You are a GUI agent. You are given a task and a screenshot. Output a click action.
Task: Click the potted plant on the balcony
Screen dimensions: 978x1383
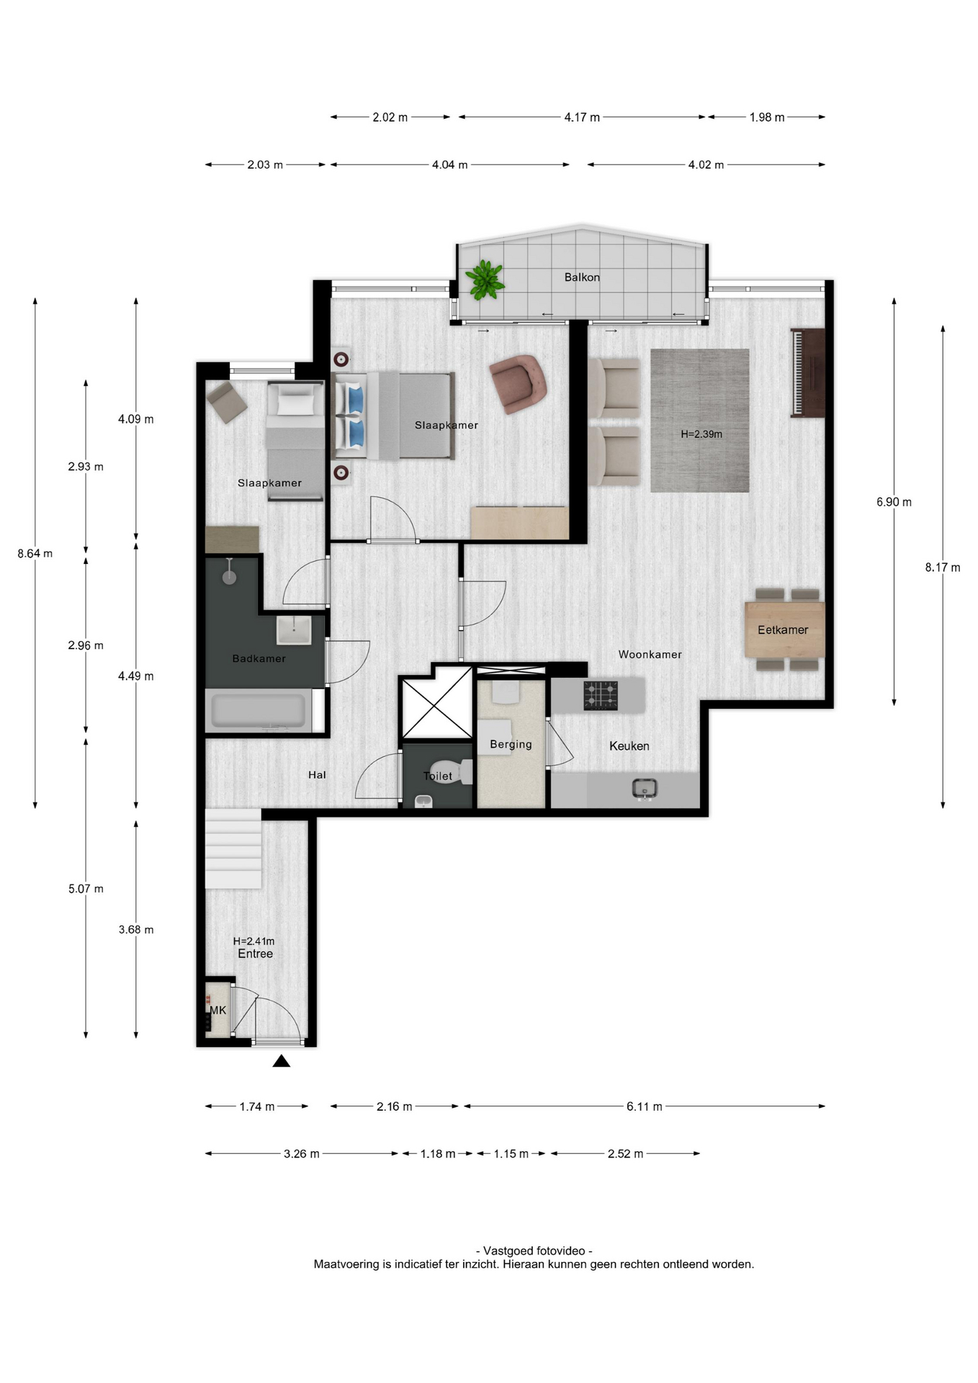click(485, 279)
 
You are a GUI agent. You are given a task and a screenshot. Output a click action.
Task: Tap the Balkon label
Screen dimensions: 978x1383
click(582, 277)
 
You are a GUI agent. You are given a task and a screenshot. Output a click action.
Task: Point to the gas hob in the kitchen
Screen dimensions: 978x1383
click(601, 696)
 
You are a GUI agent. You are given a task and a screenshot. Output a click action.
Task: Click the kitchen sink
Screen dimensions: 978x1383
click(645, 789)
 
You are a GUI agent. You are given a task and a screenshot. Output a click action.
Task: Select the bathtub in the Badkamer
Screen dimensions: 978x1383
click(259, 710)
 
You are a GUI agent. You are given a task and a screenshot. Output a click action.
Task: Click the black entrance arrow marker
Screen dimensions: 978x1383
click(282, 1061)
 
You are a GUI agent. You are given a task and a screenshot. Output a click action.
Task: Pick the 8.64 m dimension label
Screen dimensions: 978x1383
click(35, 554)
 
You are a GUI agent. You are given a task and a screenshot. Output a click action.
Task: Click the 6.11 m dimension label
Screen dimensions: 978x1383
click(644, 1106)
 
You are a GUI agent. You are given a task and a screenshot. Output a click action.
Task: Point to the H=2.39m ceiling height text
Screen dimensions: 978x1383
click(701, 434)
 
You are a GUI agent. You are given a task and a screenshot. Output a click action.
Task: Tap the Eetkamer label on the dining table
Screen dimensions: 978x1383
click(783, 630)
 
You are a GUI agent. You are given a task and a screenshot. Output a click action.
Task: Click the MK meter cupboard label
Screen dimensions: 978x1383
click(218, 1011)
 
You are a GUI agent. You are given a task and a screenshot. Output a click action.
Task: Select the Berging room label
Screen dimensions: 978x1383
click(511, 745)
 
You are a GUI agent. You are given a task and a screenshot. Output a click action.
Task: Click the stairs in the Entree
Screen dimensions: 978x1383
click(233, 849)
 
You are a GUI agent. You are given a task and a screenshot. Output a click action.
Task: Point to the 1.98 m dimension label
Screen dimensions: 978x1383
click(767, 117)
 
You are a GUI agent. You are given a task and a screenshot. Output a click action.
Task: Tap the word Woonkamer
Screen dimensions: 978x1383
click(650, 655)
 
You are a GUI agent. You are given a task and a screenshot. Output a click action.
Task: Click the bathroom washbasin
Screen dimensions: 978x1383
click(294, 630)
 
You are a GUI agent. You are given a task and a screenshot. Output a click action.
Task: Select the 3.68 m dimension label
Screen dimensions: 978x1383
click(136, 930)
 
